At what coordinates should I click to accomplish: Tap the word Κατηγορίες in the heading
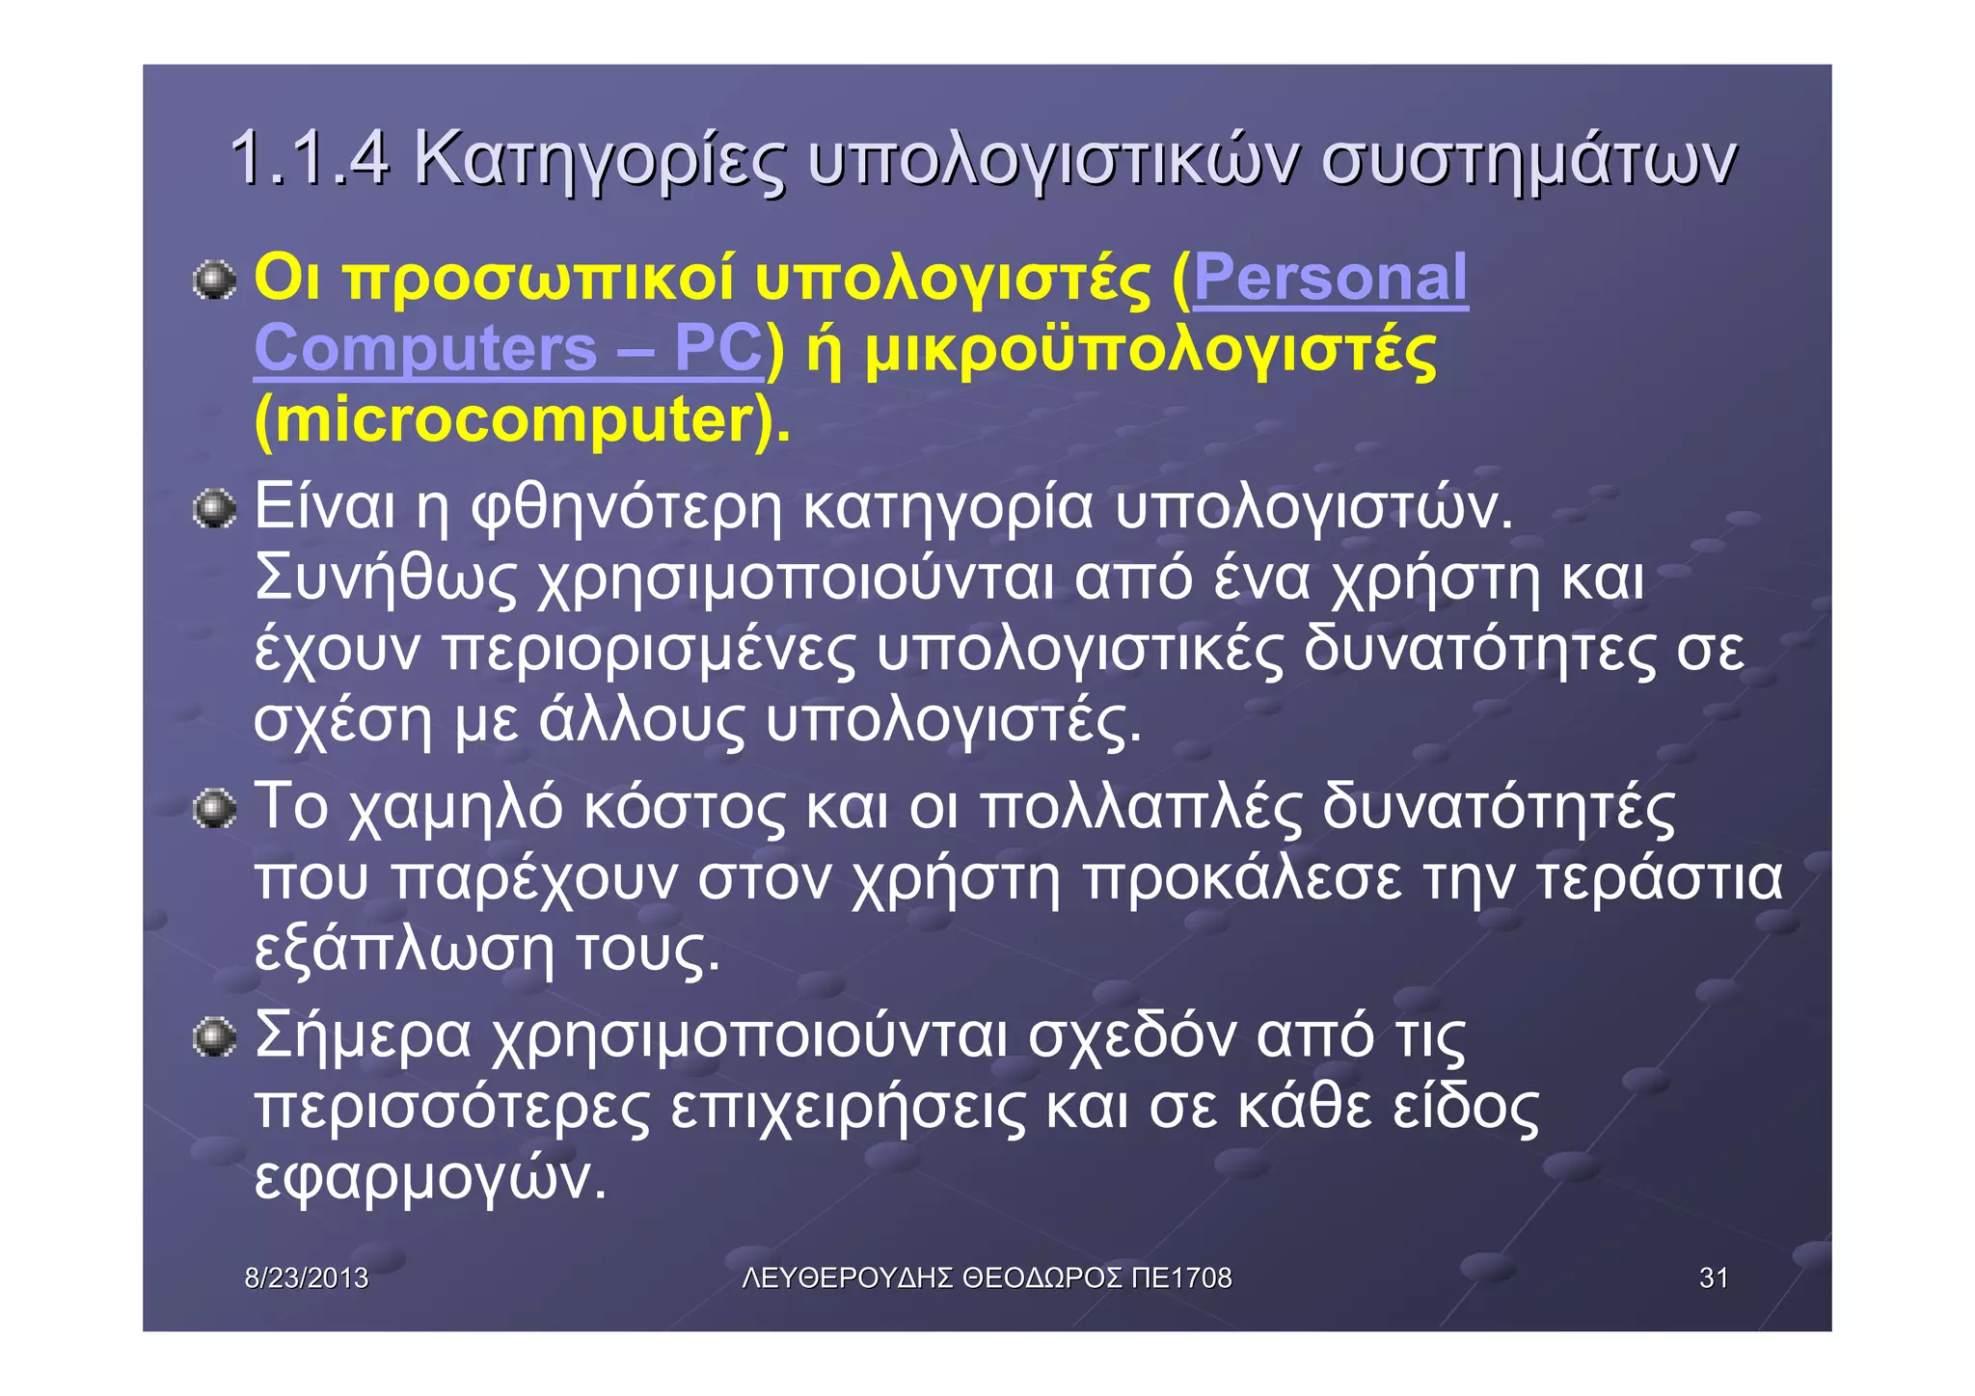[x=599, y=160]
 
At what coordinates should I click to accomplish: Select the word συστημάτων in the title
[x=1528, y=160]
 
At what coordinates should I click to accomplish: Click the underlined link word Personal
[x=1331, y=278]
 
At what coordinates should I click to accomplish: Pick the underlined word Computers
[x=425, y=348]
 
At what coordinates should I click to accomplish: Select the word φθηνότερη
[x=626, y=507]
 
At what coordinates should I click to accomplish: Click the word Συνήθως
[x=386, y=578]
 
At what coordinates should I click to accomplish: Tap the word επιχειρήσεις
[x=848, y=1106]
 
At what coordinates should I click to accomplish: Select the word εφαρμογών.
[x=430, y=1177]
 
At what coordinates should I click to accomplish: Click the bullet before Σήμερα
[x=214, y=1039]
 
